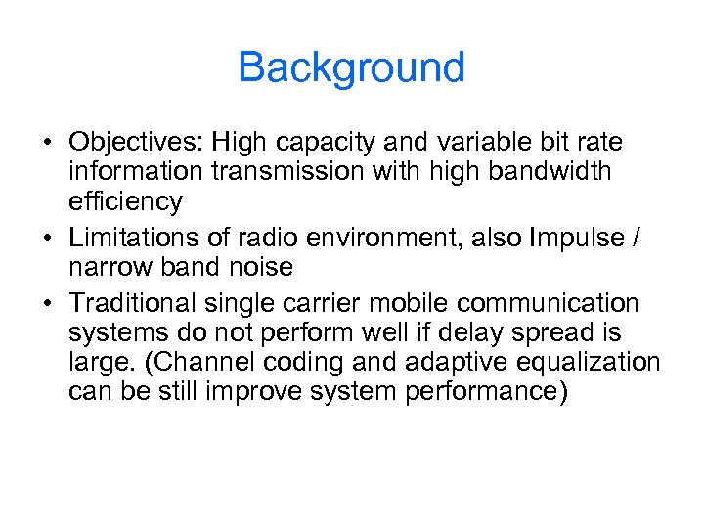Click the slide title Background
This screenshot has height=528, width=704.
coord(351,67)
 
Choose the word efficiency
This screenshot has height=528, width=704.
coord(125,202)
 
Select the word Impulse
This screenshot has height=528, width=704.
coord(579,237)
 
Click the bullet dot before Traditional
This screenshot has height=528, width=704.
coord(47,304)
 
